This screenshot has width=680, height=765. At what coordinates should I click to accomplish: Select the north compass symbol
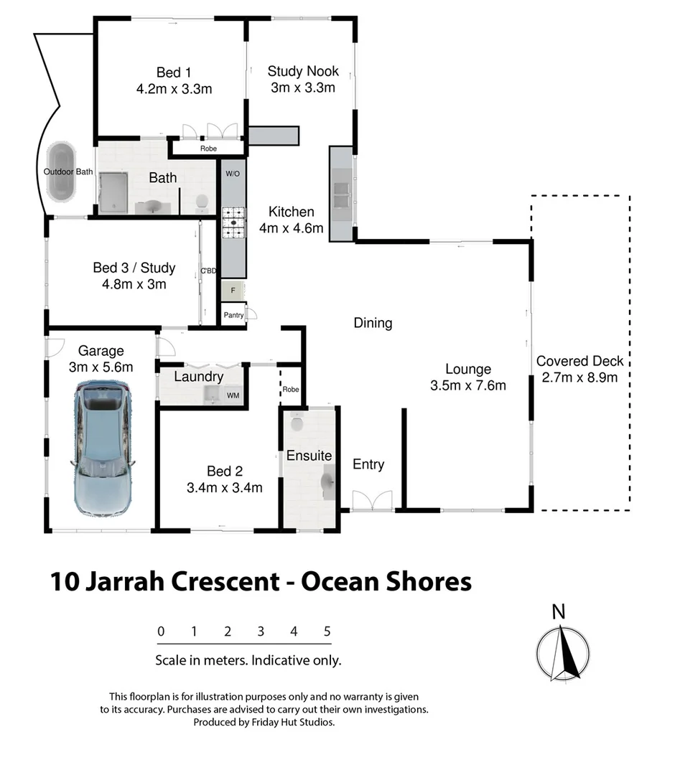pos(563,652)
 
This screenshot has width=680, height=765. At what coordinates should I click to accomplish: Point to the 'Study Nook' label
pos(302,71)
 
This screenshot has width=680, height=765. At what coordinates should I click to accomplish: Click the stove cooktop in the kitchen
pos(233,222)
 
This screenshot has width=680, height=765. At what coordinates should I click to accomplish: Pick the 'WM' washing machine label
pos(233,395)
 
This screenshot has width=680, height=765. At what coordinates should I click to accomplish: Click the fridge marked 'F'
pos(232,291)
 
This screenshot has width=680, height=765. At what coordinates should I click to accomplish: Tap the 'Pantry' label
pos(233,314)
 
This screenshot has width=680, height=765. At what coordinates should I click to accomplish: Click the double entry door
pos(372,501)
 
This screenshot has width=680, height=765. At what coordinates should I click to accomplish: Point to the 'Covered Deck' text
pos(579,361)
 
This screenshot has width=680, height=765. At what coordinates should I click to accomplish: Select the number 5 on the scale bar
pos(327,632)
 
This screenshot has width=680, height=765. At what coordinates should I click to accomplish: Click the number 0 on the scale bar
pos(162,632)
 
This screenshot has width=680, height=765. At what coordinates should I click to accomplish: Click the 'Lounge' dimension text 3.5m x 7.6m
pos(467,385)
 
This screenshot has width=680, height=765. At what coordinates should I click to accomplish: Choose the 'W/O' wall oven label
pos(232,174)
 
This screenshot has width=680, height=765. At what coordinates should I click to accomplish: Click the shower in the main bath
pos(112,192)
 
